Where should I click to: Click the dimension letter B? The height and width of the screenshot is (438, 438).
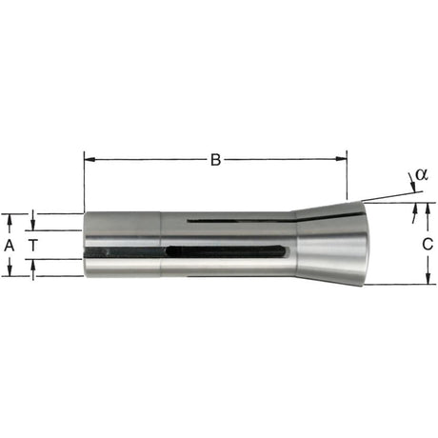(215, 160)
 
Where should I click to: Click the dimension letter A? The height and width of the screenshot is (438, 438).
(10, 245)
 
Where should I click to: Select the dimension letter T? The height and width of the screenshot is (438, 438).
(32, 245)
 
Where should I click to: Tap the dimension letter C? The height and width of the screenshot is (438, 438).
(428, 244)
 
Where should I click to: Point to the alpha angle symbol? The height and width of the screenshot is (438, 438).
(422, 174)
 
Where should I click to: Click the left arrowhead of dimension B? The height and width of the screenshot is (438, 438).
(90, 159)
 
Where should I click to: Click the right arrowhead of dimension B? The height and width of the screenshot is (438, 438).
(341, 159)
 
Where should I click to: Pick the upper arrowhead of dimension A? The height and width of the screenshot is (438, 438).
(10, 219)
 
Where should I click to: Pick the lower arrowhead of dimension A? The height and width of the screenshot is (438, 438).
(10, 270)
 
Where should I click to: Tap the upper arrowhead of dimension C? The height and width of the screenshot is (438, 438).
(428, 208)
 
